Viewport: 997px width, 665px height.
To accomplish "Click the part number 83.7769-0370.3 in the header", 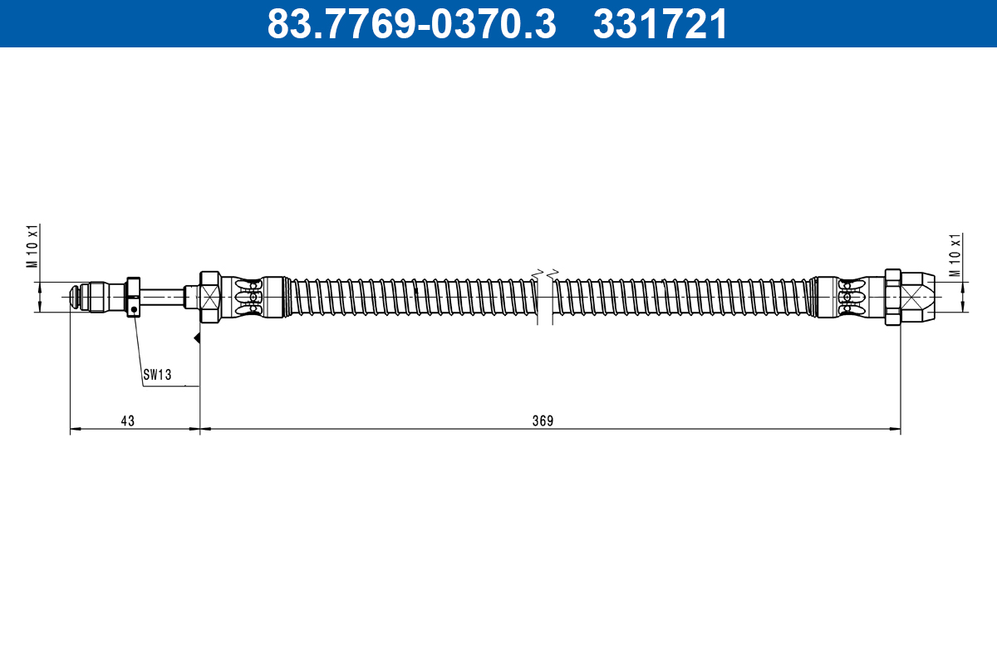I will (410, 24).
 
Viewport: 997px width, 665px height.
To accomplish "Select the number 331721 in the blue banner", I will (660, 24).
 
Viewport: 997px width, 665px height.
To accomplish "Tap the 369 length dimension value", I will (543, 421).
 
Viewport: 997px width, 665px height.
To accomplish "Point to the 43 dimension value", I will (127, 421).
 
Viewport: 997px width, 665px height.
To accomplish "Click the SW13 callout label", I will (156, 375).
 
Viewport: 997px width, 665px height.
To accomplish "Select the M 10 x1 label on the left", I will (33, 245).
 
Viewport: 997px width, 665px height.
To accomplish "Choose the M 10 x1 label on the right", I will (955, 255).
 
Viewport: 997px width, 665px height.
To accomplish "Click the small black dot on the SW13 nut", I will (133, 309).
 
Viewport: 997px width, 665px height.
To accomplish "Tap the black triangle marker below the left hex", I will (197, 337).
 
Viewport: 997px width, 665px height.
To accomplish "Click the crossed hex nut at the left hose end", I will (209, 296).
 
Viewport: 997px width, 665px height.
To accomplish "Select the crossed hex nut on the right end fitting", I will (894, 296).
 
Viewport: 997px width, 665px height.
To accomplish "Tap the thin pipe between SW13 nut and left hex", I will (162, 296).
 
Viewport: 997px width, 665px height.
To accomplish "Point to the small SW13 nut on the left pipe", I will (133, 297).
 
